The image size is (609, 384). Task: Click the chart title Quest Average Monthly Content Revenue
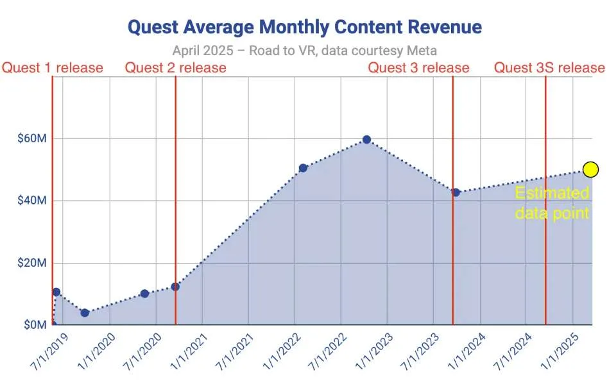click(305, 27)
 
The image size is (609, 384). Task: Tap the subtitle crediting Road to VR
click(304, 51)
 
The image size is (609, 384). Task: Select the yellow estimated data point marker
click(590, 169)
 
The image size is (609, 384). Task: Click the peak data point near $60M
click(366, 140)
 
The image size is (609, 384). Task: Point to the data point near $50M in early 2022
click(303, 168)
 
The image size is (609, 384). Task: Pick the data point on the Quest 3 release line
click(456, 192)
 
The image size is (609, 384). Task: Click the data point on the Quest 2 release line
click(175, 287)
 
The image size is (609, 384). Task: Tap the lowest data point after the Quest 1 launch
click(85, 313)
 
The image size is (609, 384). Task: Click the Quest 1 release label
click(53, 68)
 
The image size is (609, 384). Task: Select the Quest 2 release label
click(176, 68)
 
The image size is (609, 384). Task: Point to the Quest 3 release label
click(418, 68)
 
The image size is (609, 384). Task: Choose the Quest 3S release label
click(549, 68)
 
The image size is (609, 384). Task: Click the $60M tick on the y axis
click(32, 138)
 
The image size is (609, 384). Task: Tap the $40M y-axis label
click(32, 201)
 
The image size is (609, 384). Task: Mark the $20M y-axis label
click(32, 263)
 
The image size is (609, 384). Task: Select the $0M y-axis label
click(35, 324)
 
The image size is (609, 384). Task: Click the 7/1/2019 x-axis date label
click(49, 351)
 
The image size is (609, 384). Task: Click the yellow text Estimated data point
click(552, 203)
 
